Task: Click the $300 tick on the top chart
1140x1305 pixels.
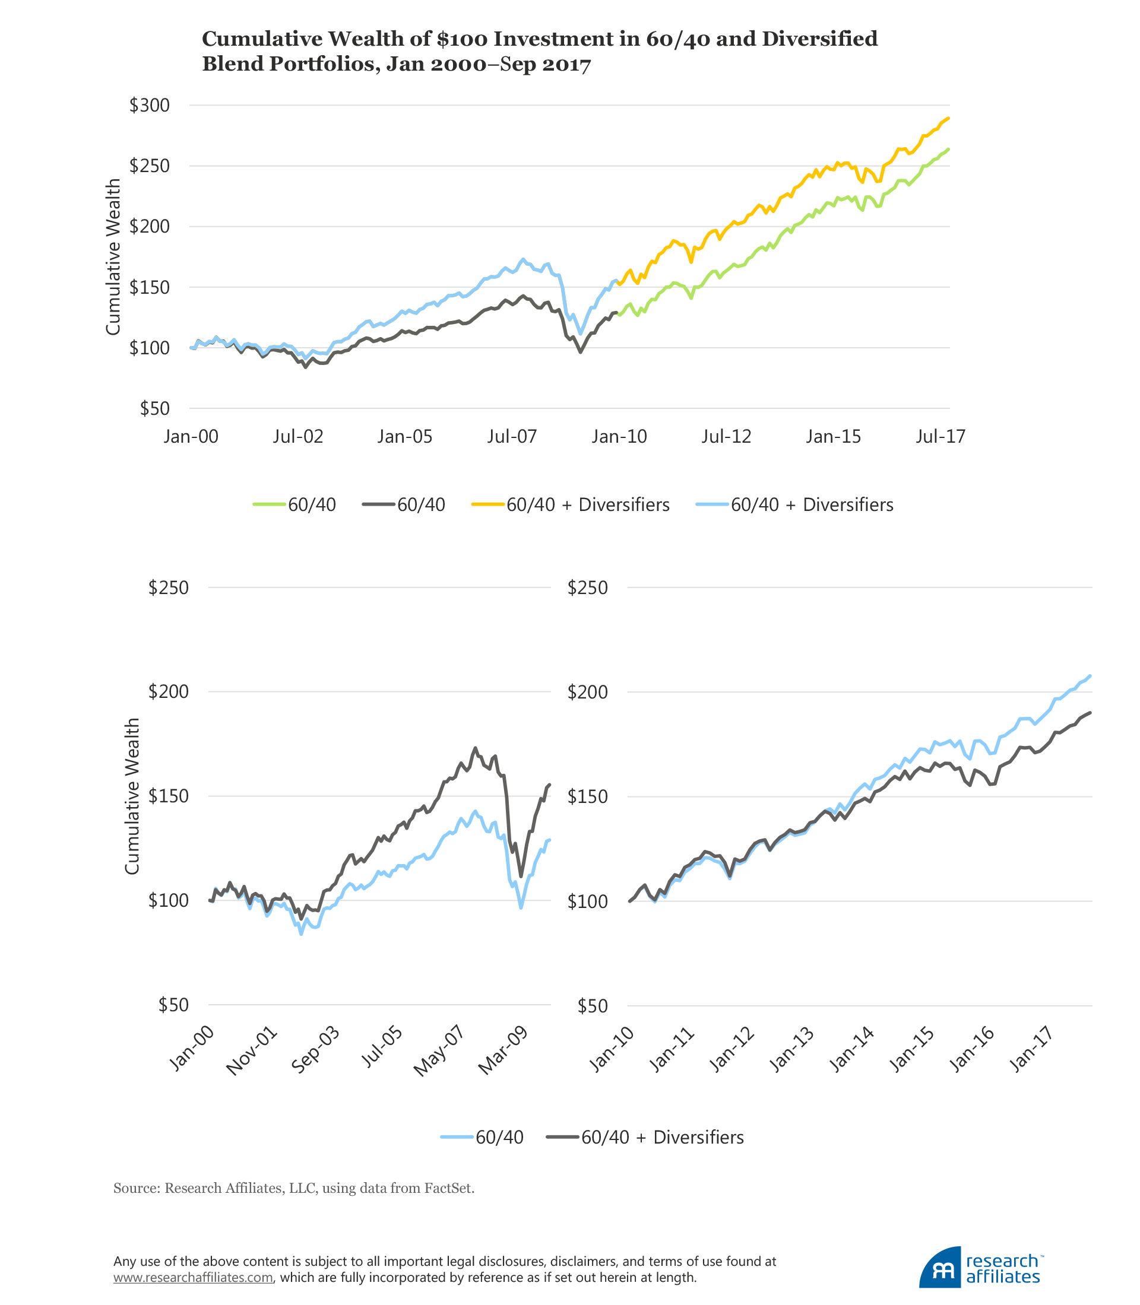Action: coord(150,106)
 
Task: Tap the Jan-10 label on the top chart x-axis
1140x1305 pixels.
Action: coord(619,437)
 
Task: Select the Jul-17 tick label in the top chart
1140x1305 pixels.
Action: coord(940,437)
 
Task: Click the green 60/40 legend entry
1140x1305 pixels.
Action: coord(294,505)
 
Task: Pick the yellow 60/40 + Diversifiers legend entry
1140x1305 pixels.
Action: coord(571,505)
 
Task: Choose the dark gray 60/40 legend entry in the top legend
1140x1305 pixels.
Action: coord(404,505)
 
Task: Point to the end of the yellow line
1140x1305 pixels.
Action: coord(949,118)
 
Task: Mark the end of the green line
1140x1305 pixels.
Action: coord(949,150)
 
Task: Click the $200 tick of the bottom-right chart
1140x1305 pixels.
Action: coord(587,692)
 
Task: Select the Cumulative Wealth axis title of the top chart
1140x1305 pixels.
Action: coord(113,257)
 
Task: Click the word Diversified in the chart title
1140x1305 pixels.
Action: coord(819,39)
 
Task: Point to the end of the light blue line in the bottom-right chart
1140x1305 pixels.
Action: coord(1090,675)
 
